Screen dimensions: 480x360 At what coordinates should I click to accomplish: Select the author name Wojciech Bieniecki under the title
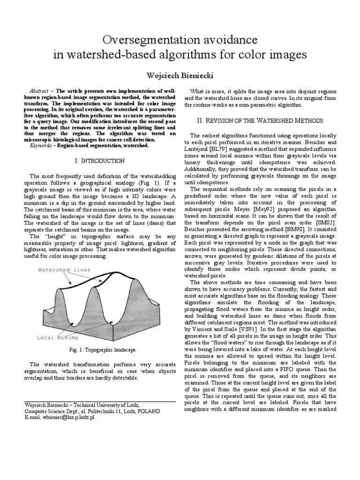click(180, 75)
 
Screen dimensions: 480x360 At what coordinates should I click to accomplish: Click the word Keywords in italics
click(40, 145)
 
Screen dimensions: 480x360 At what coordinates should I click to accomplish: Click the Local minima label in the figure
click(57, 337)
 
